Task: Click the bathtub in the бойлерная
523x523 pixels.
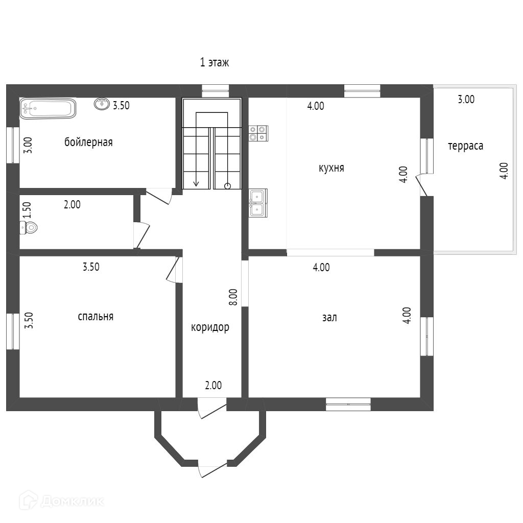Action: click(x=47, y=108)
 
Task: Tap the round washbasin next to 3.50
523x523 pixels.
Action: click(x=102, y=104)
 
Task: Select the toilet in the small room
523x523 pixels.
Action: click(x=29, y=228)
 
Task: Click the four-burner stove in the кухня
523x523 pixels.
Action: click(x=258, y=133)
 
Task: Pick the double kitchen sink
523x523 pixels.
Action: click(x=258, y=203)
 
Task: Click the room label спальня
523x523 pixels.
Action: click(x=96, y=316)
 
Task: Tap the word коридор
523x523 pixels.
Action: click(x=210, y=327)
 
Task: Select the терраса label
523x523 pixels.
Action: click(x=466, y=146)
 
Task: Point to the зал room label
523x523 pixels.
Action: click(x=329, y=317)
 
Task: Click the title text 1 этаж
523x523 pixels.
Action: click(x=215, y=62)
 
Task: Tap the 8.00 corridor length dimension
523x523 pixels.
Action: click(x=233, y=297)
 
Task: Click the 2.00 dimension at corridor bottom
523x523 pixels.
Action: click(x=213, y=385)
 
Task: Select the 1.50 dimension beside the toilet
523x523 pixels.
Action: click(x=27, y=210)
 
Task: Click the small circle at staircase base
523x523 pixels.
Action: click(x=227, y=186)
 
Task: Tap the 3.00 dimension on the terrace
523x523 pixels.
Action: click(x=466, y=99)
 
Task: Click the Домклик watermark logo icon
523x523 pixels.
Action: click(x=29, y=501)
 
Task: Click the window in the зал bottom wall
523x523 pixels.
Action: click(x=348, y=405)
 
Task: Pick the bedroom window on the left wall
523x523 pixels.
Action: click(x=13, y=331)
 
